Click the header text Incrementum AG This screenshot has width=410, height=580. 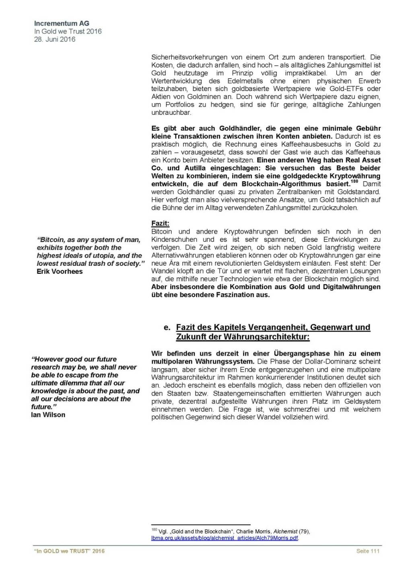[62, 23]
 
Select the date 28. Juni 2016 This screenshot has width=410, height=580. [54, 39]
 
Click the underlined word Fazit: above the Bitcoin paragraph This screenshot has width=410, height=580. [160, 223]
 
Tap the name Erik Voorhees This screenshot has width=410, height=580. [60, 271]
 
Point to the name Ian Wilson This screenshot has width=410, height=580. [48, 414]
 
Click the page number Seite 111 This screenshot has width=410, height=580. [368, 551]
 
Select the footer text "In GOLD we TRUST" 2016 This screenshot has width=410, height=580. [69, 551]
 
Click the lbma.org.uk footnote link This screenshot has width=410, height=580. [225, 538]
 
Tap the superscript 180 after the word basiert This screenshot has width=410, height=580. [354, 182]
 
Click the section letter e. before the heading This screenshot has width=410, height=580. [167, 327]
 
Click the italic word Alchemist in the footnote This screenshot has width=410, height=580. [286, 531]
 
